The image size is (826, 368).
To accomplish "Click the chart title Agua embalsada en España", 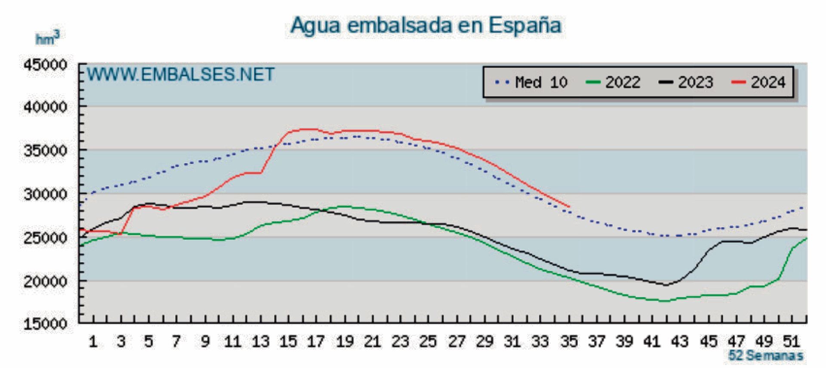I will [425, 25].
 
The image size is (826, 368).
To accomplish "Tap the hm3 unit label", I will [47, 38].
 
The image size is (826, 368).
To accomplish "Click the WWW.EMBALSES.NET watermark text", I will [181, 75].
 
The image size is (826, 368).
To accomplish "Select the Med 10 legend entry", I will [531, 82].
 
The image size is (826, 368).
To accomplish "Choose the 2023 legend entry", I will [687, 82].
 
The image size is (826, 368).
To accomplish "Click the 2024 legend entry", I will [759, 82].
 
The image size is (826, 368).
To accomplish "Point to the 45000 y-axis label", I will [45, 65].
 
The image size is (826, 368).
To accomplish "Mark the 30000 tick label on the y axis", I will [45, 194].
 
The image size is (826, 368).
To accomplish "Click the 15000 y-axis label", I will [45, 324].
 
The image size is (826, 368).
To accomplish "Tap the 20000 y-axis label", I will [45, 281].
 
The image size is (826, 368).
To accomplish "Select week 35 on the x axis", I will [569, 342].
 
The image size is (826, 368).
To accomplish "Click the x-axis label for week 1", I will [93, 342].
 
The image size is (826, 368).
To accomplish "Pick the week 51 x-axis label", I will [791, 342].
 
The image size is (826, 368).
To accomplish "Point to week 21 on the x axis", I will [373, 342].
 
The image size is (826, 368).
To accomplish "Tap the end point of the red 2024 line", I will [569, 207].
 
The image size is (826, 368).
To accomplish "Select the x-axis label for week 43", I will [680, 342].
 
